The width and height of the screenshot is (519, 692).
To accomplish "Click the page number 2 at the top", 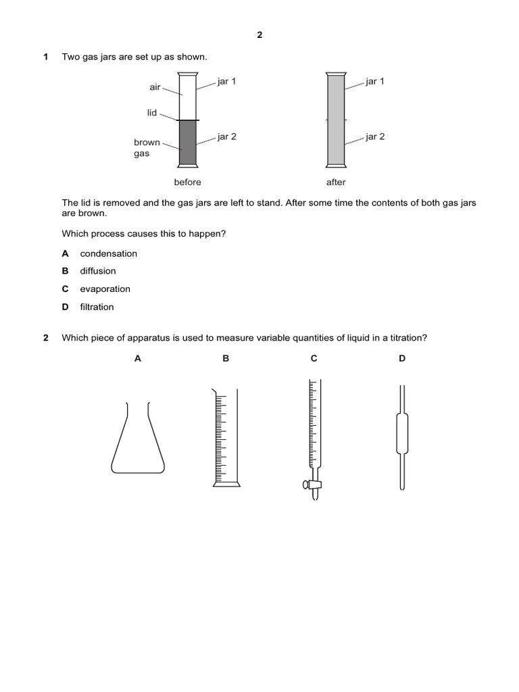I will point(259,36).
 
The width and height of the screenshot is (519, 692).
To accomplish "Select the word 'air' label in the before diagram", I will point(156,88).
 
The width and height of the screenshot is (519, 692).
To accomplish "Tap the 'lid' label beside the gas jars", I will point(152,113).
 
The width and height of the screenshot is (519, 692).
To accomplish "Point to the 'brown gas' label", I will point(147,148).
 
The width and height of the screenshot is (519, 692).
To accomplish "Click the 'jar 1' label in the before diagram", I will point(226,82).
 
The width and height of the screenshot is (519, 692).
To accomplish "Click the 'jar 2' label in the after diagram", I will point(375,137).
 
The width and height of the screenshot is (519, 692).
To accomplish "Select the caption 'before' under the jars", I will point(187,182).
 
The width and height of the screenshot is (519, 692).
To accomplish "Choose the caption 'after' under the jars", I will point(336,182).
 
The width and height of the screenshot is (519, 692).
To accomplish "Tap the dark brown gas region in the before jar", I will point(188,143).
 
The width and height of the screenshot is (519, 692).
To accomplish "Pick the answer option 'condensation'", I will point(108,253).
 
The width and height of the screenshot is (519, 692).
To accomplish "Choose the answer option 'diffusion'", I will point(98,271).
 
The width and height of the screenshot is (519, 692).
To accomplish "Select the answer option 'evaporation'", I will point(105,289).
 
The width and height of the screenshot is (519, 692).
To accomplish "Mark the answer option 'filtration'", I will point(97,307).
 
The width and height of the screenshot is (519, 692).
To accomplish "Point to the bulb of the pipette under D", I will point(402,432).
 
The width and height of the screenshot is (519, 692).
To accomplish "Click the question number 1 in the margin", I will point(45,57).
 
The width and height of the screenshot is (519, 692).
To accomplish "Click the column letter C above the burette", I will point(314,359).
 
